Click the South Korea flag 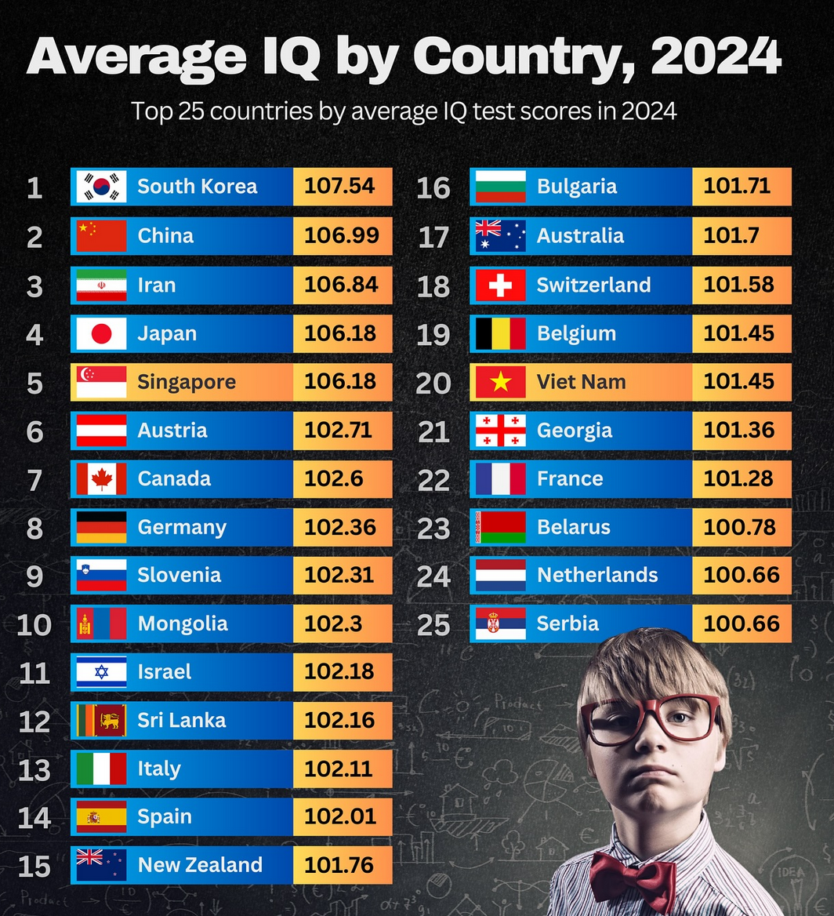[x=101, y=187]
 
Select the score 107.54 [x=339, y=187]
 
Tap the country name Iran [x=157, y=285]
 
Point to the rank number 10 [x=34, y=625]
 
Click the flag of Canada [x=101, y=479]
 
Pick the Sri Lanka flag [x=101, y=721]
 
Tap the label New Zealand [x=200, y=865]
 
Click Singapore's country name [x=187, y=383]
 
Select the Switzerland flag [x=500, y=285]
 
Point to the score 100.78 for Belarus [x=739, y=527]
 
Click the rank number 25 [x=433, y=625]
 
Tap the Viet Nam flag [x=500, y=383]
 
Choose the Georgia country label [x=575, y=431]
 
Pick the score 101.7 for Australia [x=730, y=236]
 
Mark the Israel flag [x=101, y=672]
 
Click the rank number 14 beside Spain [x=34, y=818]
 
